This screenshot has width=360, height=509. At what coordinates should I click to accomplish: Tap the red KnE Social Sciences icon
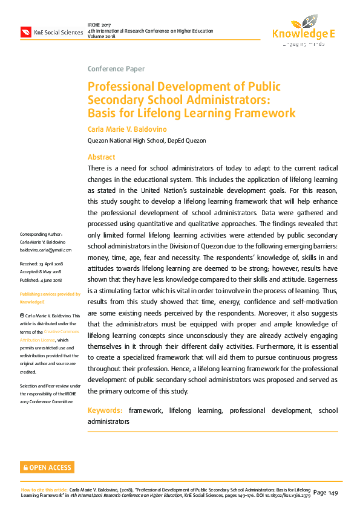tap(27, 31)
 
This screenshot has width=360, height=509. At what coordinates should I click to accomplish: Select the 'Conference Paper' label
tap(116, 68)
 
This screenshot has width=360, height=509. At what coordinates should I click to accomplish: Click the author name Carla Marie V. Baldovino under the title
tap(127, 129)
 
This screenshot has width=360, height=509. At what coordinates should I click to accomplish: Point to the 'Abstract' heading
tap(102, 157)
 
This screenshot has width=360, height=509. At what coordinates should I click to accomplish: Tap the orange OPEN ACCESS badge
tap(47, 467)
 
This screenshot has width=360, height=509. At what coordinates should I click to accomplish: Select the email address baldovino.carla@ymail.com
tap(46, 250)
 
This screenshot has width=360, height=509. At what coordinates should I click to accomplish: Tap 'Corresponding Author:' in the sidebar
tap(41, 234)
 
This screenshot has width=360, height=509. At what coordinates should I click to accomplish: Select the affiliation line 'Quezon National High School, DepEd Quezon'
tap(147, 141)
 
